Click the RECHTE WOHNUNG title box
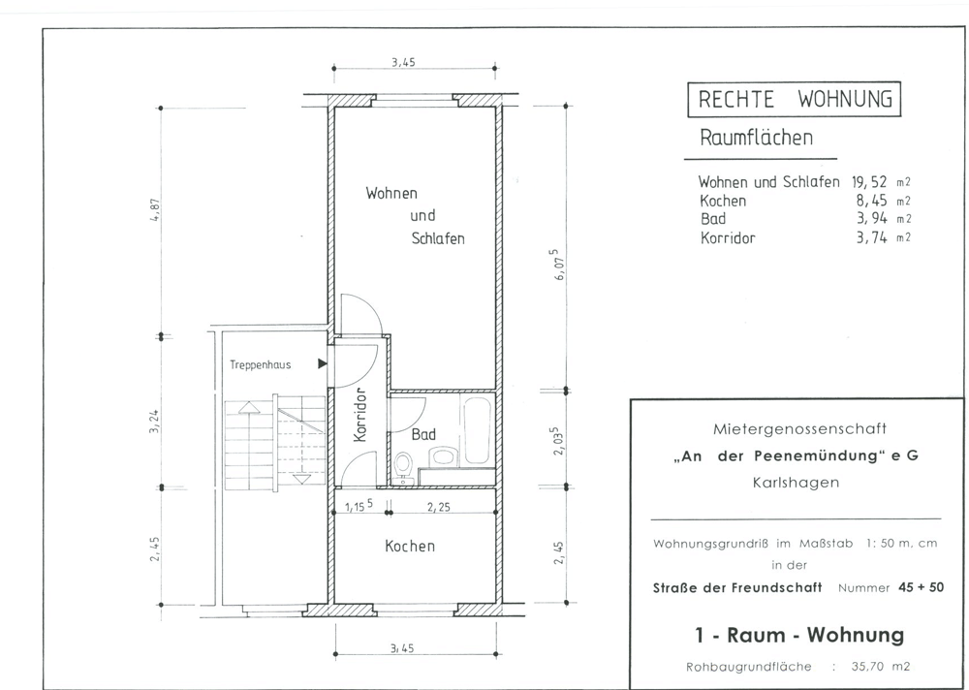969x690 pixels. click(x=795, y=99)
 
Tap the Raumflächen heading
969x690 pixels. click(x=756, y=138)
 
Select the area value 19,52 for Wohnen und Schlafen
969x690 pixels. click(x=869, y=182)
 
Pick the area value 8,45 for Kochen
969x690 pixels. click(x=871, y=201)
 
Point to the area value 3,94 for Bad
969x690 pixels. click(x=871, y=218)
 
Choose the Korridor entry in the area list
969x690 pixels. click(x=728, y=238)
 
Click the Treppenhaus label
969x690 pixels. click(x=260, y=364)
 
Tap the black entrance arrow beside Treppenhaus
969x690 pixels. click(x=322, y=363)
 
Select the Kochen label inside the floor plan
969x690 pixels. click(x=410, y=546)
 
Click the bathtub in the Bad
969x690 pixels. click(x=477, y=430)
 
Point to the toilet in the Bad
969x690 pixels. click(x=404, y=467)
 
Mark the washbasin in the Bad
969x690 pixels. click(x=443, y=456)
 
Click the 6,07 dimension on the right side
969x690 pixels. click(x=558, y=265)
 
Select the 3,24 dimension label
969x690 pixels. click(x=154, y=421)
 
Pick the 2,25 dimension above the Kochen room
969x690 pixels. click(x=439, y=508)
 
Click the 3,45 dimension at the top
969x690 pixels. click(x=403, y=62)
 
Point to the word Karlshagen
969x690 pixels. click(x=796, y=483)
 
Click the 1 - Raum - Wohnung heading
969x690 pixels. click(x=799, y=635)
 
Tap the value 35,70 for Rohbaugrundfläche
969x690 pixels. click(x=869, y=667)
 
